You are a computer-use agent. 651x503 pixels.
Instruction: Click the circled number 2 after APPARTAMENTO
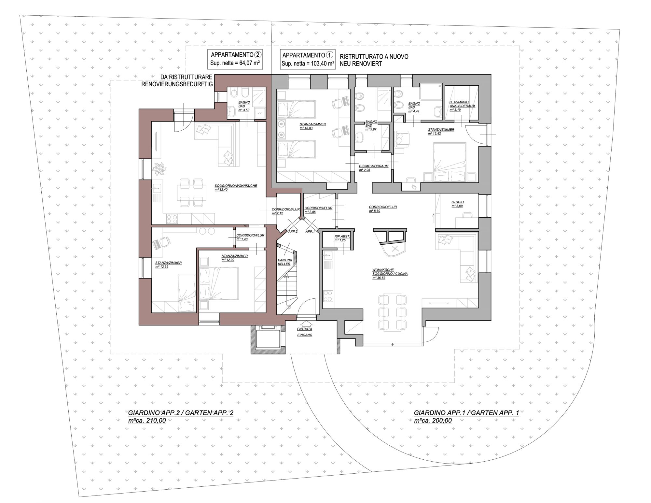[x=258, y=55]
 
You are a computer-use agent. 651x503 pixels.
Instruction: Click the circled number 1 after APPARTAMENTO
[x=330, y=55]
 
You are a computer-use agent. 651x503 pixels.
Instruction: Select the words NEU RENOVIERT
[x=361, y=64]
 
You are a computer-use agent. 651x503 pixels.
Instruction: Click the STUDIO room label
[x=457, y=204]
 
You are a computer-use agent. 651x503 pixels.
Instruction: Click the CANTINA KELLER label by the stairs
[x=284, y=262]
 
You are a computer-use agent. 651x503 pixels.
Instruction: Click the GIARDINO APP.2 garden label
[x=181, y=413]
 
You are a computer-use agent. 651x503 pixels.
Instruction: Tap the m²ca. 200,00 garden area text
[x=433, y=421]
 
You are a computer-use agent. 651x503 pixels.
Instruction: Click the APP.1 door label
[x=310, y=231]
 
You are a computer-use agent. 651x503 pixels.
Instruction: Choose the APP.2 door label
[x=293, y=231]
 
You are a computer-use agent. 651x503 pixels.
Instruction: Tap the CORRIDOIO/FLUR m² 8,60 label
[x=383, y=209]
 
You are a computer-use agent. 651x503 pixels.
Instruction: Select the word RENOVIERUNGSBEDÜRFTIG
[x=177, y=84]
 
